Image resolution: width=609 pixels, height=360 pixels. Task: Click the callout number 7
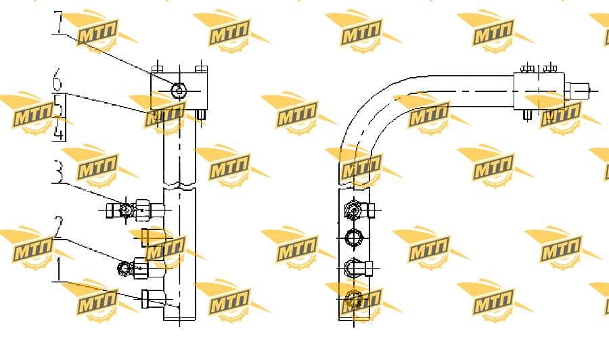tap(58, 23)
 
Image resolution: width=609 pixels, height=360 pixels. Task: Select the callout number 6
tap(57, 80)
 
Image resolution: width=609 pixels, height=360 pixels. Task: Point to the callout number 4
tap(58, 129)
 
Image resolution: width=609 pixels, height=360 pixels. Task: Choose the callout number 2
tap(58, 227)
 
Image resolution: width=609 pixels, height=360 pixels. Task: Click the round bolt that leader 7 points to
tap(179, 91)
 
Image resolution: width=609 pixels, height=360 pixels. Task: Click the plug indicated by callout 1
tap(153, 299)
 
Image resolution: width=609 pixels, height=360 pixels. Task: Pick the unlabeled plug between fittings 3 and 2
tap(153, 238)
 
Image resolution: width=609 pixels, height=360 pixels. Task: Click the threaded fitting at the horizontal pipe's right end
tap(577, 91)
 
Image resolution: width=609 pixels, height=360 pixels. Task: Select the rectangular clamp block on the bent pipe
tap(539, 91)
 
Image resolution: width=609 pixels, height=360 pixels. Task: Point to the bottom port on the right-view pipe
tap(353, 300)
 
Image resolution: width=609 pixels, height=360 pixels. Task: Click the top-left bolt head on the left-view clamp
tap(157, 70)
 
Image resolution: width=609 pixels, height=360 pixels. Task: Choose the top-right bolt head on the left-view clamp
tap(202, 70)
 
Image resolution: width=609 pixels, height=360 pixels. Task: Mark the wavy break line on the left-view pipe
tap(179, 185)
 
